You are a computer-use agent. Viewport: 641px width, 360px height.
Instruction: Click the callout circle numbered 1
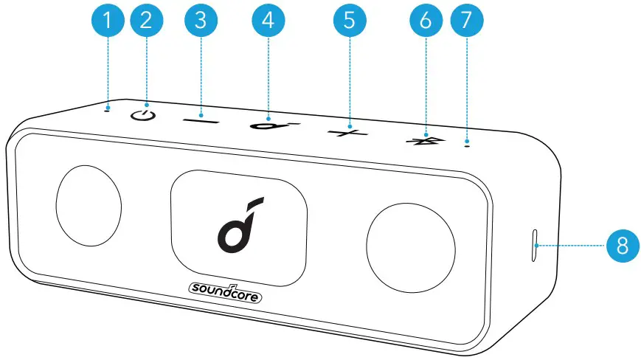tap(109, 21)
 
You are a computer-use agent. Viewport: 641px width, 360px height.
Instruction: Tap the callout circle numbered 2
tap(146, 21)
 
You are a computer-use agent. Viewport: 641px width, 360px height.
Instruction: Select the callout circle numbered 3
tap(198, 21)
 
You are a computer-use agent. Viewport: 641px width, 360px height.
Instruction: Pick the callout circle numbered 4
tap(268, 21)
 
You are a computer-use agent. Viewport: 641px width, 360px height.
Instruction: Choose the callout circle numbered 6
tap(425, 21)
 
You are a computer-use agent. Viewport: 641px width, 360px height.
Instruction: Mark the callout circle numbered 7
tap(464, 21)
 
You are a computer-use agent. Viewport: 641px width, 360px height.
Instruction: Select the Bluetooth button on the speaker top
tap(425, 139)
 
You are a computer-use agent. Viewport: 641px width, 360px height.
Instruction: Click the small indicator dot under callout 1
tap(108, 111)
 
